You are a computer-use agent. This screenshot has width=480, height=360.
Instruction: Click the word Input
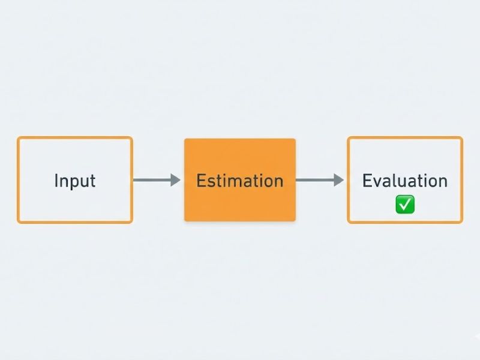pos(75,181)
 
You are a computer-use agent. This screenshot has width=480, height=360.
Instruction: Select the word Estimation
pos(240,181)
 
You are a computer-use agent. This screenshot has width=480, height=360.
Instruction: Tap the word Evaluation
pos(405,181)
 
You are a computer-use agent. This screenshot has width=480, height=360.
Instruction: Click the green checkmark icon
pos(405,204)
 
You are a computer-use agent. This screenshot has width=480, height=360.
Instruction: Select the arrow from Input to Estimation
pos(157,180)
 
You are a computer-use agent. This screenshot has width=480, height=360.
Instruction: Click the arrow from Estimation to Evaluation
pos(320,180)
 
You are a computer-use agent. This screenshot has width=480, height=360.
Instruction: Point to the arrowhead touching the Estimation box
pos(175,180)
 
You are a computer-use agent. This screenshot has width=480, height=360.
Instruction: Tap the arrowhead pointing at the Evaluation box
pos(338,180)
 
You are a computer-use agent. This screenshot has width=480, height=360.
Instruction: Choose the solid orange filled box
pos(240,179)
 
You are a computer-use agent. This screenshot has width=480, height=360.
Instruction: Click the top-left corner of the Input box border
pos(18,137)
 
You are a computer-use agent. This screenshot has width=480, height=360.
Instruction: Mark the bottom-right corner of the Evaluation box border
pos(462,223)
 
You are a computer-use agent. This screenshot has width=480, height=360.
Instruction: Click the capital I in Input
pos(56,181)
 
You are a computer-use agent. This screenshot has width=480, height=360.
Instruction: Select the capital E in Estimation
pos(201,181)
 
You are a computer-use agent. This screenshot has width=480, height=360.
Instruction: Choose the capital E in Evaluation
pos(367,181)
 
